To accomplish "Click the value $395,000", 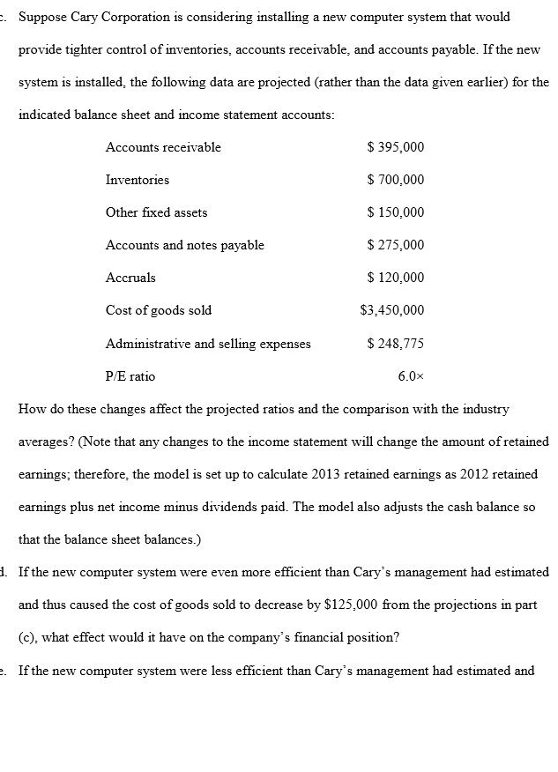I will coord(395,147).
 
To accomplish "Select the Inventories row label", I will coord(138,180).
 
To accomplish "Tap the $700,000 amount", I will coord(395,180).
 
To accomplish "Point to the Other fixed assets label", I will coord(157,212).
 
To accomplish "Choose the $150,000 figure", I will coord(395,212).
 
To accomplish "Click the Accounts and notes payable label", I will coord(185,245).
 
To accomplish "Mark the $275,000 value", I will coord(395,245).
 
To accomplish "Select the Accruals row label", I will coord(130,278).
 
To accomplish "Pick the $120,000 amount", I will coord(395,278).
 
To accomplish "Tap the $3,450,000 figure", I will coord(392,310).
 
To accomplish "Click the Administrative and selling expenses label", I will coord(208,344).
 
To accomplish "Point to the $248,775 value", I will coord(395,344).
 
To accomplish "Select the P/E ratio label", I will coord(130,376).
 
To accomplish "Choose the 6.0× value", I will coord(411,376).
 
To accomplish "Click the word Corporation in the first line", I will coord(130,18).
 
